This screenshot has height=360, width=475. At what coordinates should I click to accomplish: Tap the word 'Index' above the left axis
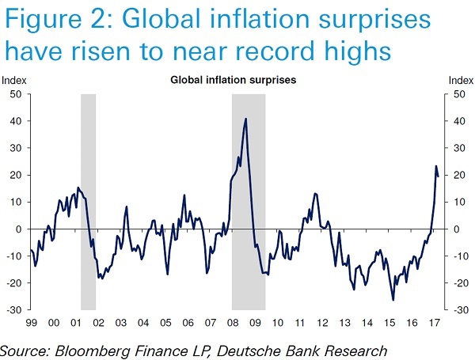(x=13, y=80)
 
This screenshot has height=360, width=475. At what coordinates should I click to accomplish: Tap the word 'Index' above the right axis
(x=460, y=80)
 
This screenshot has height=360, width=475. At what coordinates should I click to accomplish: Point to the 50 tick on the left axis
(x=15, y=94)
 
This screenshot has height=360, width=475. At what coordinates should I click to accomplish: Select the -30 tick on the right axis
(x=455, y=309)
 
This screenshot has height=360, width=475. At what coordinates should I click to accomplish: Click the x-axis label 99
(x=32, y=324)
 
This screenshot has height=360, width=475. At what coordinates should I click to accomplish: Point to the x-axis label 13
(x=345, y=324)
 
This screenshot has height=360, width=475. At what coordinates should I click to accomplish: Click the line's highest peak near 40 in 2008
(x=246, y=119)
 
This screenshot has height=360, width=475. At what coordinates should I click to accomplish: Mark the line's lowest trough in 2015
(x=393, y=300)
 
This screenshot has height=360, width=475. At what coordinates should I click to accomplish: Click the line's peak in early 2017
(x=435, y=166)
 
